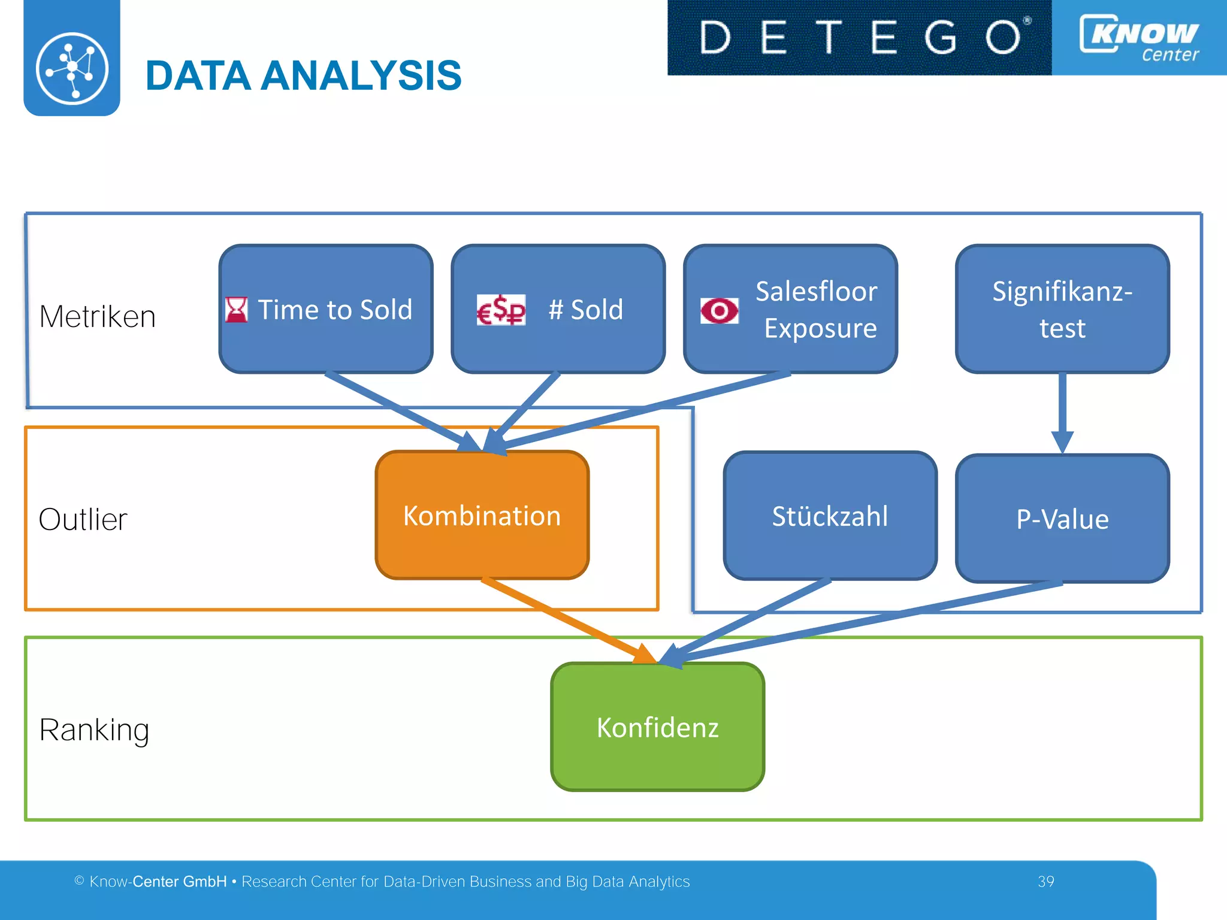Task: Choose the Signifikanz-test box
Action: click(1062, 309)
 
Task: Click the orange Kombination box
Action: click(482, 516)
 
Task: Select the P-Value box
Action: click(1062, 519)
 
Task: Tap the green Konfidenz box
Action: click(657, 727)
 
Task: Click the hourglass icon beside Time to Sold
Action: click(236, 310)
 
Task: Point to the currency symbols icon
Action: click(501, 310)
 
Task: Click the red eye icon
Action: click(720, 310)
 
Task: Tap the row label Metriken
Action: click(98, 316)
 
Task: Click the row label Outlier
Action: click(83, 519)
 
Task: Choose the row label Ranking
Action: click(94, 730)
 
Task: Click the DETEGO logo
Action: click(859, 37)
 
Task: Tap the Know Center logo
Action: click(1139, 37)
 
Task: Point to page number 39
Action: click(1045, 882)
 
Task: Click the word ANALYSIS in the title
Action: click(361, 76)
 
